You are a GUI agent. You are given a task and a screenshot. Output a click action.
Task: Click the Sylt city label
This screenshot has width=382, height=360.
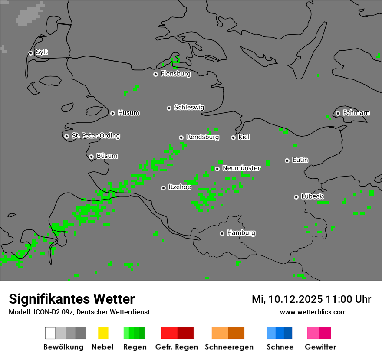pos(42,52)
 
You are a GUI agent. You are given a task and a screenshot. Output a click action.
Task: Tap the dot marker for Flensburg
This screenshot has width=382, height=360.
pos(155,74)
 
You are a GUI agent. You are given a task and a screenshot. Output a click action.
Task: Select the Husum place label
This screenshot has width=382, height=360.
pos(128,113)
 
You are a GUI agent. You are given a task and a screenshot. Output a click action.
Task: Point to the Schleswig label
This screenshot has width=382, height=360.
pos(189,108)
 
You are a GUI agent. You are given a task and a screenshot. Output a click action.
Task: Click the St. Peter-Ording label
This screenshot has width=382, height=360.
pos(95,136)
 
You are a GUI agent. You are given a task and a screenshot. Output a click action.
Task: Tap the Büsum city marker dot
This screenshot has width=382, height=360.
pos(91,157)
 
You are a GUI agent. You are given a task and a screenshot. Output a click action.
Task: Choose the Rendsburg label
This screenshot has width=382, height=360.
pos(203,137)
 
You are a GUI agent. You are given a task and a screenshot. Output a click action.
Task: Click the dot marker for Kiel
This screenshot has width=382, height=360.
pos(233,137)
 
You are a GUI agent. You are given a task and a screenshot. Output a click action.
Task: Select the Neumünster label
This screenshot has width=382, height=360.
pos(241,168)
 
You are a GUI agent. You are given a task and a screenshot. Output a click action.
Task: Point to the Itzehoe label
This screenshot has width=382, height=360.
pos(180,187)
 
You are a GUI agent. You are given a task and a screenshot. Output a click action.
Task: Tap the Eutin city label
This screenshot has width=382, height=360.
pos(300,160)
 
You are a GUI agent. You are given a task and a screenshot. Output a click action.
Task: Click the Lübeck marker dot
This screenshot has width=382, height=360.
pos(296,197)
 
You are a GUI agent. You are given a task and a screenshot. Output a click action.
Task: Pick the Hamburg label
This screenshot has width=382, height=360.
pos(241,233)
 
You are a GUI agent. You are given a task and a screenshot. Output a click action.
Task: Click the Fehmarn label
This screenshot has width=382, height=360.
pos(356,113)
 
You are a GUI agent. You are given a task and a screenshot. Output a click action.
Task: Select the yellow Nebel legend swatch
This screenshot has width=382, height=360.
pos(103,333)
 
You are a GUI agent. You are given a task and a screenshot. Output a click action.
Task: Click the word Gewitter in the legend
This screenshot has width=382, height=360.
pos(320,347)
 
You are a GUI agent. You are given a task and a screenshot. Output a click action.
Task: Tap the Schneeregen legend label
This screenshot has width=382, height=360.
pos(229,347)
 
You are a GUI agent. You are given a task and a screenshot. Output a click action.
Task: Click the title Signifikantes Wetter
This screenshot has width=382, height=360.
pos(72,299)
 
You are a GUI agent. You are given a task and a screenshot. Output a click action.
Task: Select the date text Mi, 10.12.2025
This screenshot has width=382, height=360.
pos(286,299)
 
